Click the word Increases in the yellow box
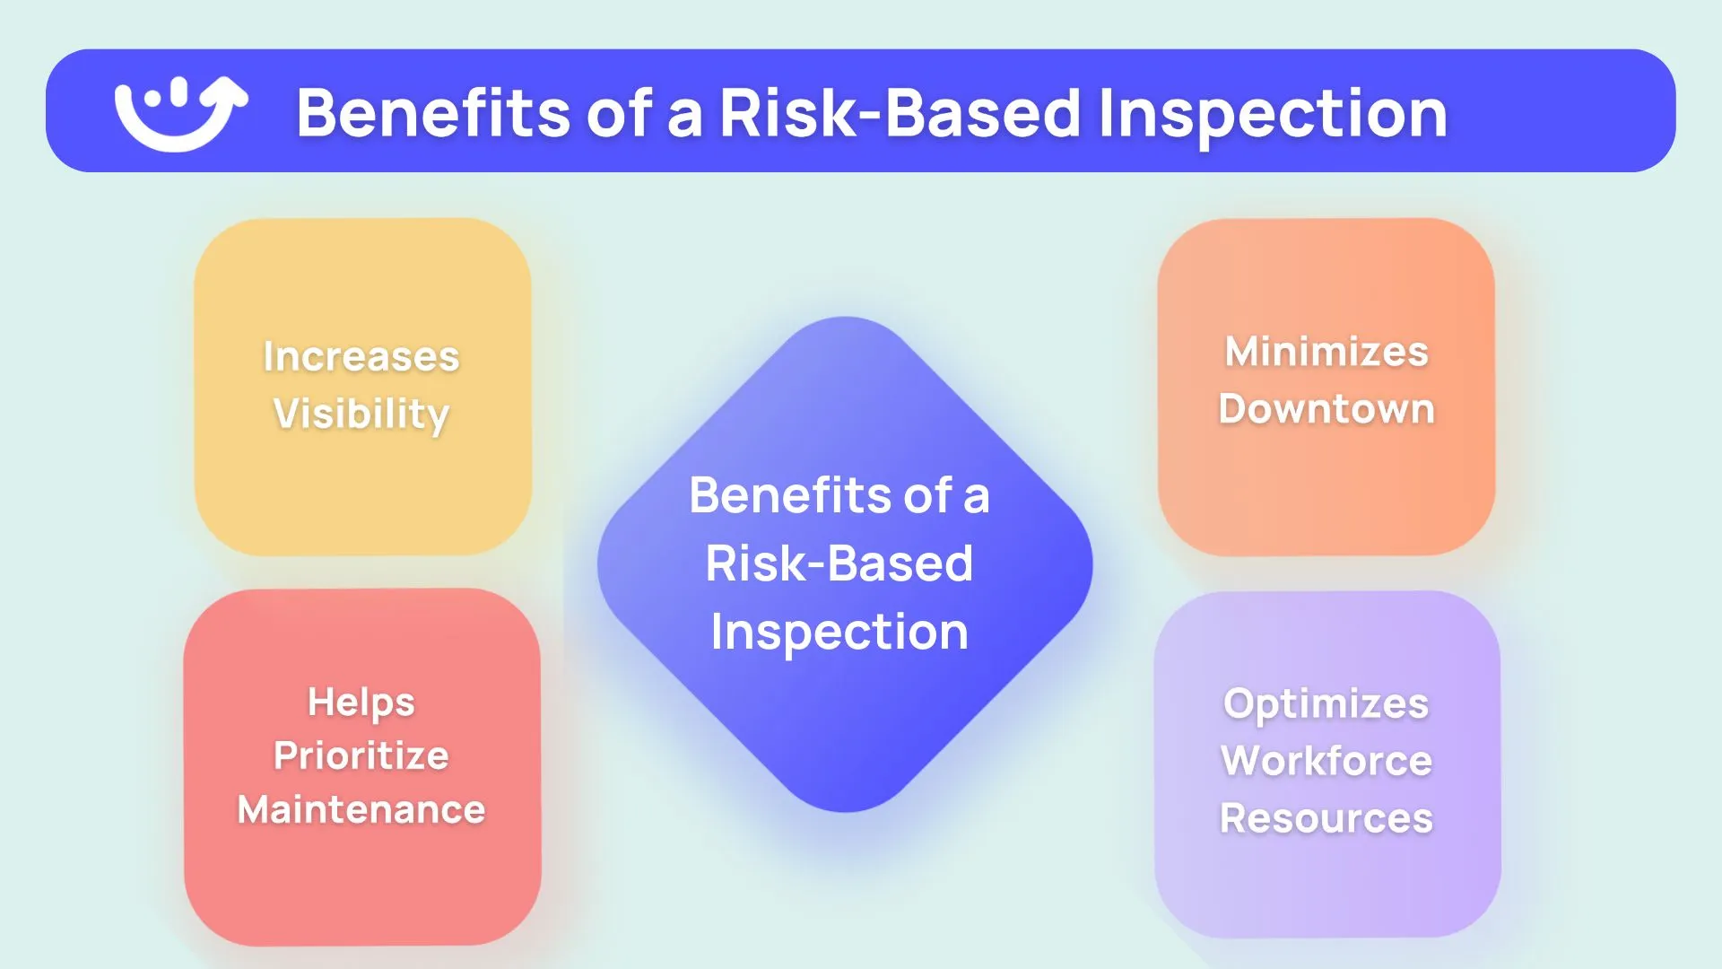[361, 356]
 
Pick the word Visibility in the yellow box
[361, 414]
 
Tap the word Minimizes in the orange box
[1326, 351]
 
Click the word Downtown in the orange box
[1326, 408]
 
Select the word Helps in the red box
[361, 702]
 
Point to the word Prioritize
[361, 755]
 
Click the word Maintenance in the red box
[361, 809]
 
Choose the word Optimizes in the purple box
[1326, 703]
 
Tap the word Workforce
[1326, 761]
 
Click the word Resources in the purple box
[1326, 818]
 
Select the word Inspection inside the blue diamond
[839, 632]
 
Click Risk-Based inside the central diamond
[839, 563]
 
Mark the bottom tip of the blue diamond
[845, 809]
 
